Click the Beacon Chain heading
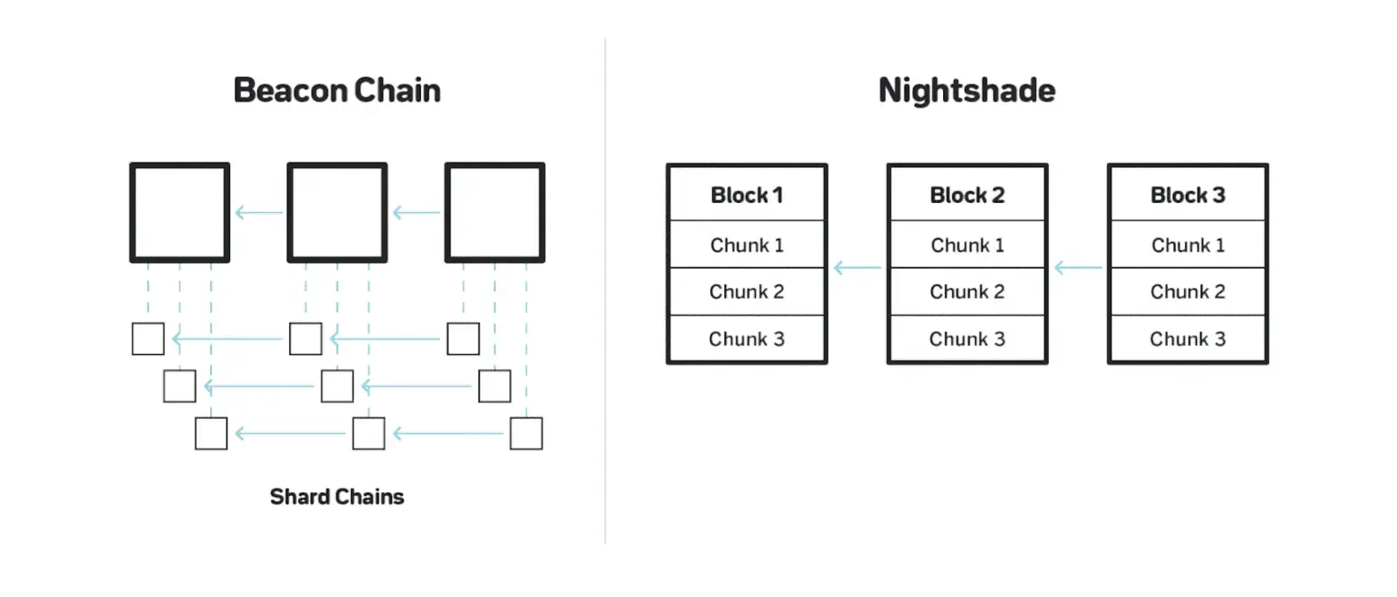tap(337, 91)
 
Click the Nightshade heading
tap(967, 91)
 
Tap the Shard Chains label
tap(337, 497)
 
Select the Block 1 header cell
tap(747, 195)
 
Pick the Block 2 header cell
tap(967, 195)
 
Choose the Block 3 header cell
tap(1187, 195)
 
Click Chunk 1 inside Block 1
tap(747, 245)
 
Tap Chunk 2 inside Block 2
tap(967, 292)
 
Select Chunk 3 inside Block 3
tap(1187, 339)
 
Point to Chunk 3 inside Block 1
tap(747, 339)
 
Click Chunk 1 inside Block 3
tap(1187, 245)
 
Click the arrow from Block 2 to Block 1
tap(857, 268)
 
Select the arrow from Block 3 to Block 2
tap(1077, 268)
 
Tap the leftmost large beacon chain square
tap(179, 213)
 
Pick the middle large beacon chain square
tap(337, 213)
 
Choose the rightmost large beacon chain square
tap(495, 213)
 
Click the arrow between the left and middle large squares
tap(258, 213)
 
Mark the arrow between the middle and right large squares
tap(416, 213)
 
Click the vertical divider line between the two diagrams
tap(605, 291)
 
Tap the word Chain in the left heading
tap(397, 91)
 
